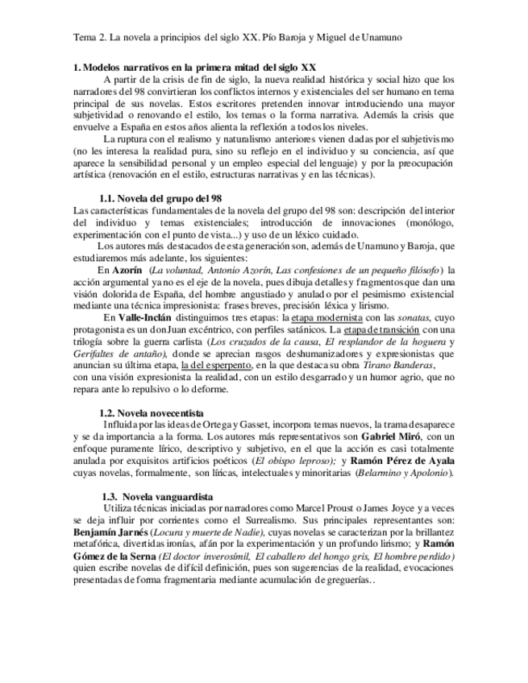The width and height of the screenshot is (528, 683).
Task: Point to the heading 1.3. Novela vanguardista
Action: (x=158, y=497)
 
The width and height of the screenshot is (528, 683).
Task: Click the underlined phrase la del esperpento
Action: (x=217, y=365)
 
